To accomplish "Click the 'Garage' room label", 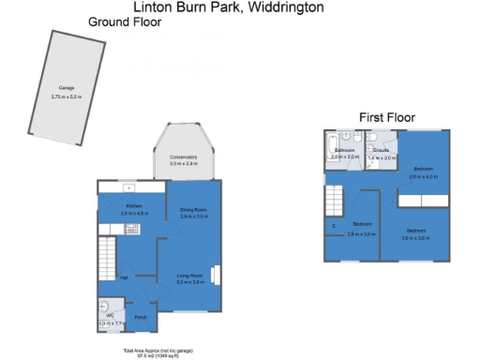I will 54,89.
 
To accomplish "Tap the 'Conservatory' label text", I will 184,157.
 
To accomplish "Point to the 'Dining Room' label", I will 192,210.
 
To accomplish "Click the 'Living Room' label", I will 191,276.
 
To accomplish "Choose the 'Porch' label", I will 141,318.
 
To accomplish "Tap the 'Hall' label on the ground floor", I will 123,278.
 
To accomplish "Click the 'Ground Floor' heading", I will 126,22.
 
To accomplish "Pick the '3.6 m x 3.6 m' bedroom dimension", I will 417,238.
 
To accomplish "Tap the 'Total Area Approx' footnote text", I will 157,350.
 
